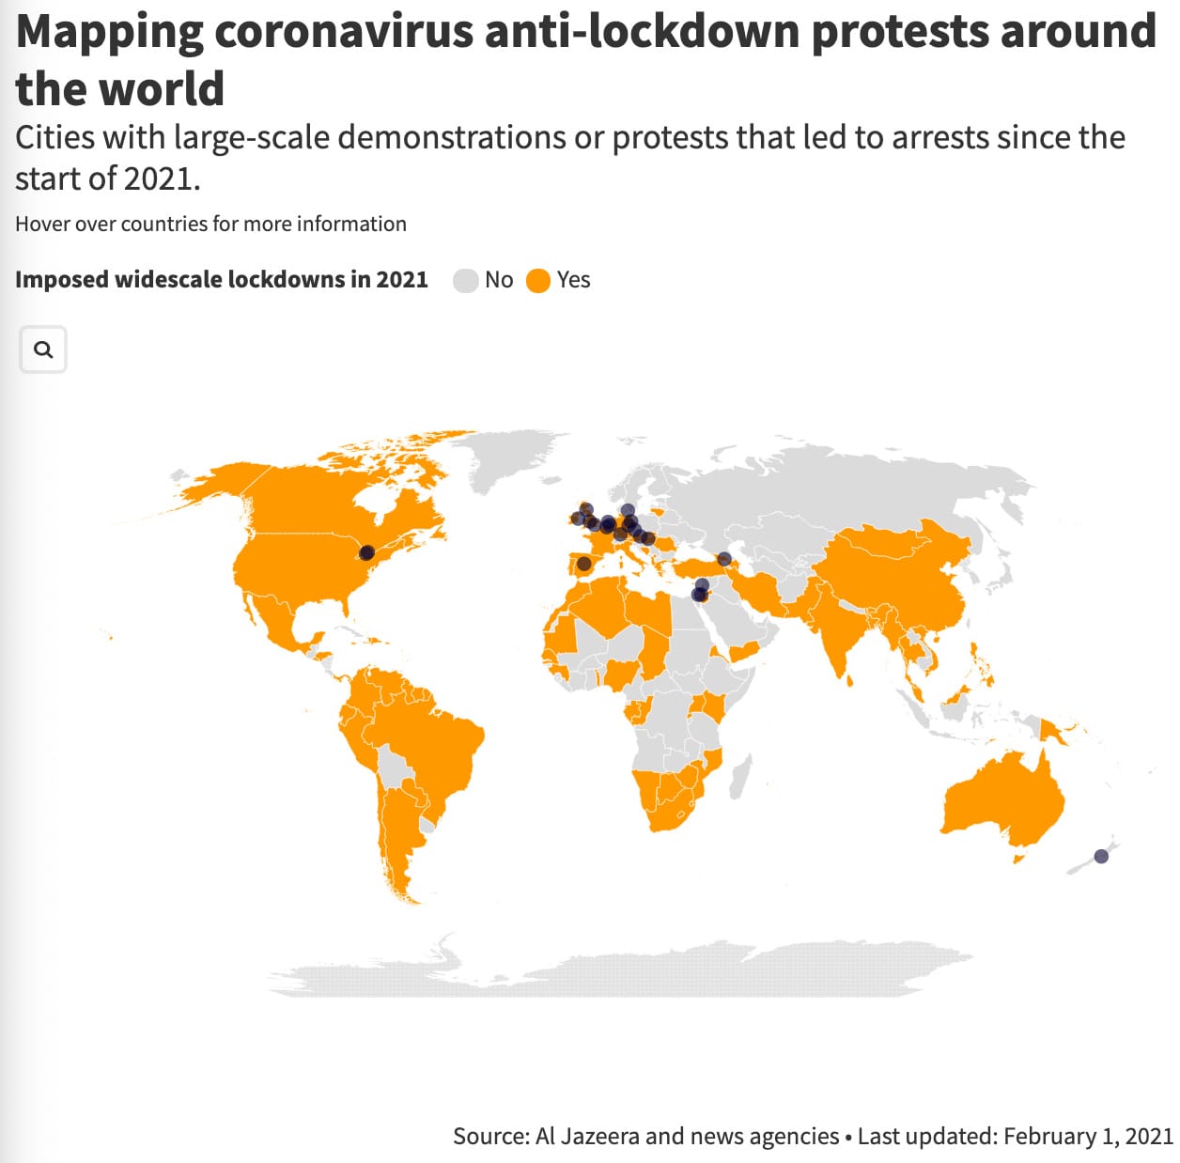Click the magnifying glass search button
(43, 349)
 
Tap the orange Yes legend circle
(538, 280)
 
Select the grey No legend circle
(466, 280)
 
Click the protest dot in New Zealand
(1102, 856)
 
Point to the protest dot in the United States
(367, 552)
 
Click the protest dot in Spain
(583, 564)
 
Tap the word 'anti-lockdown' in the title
(643, 32)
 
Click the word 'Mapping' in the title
(109, 32)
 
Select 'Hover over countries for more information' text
(210, 224)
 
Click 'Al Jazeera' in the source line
(586, 1136)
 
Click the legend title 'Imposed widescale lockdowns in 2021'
(222, 280)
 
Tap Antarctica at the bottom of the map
(611, 972)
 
